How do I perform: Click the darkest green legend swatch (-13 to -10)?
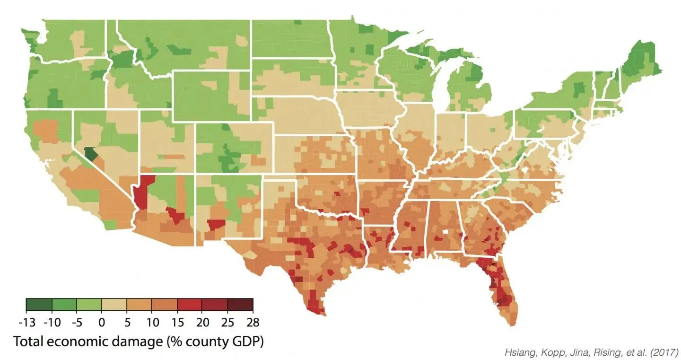coord(39,305)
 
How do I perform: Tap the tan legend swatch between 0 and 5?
coord(114,305)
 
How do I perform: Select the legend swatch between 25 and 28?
coord(240,305)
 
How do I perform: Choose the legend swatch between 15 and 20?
coord(190,305)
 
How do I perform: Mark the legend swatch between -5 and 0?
coord(89,305)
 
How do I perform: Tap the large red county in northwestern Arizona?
coord(144,192)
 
